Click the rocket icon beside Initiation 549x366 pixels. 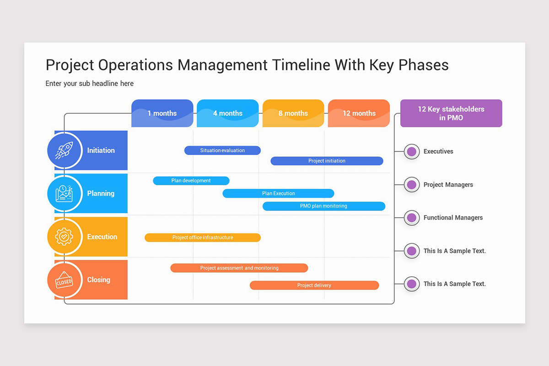point(64,150)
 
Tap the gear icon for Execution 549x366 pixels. point(64,237)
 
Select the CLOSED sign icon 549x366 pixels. point(64,280)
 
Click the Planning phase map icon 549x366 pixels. point(64,194)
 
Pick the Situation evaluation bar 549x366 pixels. point(222,151)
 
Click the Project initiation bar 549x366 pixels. point(327,161)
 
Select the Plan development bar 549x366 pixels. point(191,181)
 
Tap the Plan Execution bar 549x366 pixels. point(278,194)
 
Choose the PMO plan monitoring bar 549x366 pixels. point(323,206)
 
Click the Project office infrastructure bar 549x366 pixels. point(203,237)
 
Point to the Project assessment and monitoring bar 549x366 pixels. point(239,268)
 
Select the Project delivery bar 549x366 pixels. point(314,285)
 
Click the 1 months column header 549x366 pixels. point(162,113)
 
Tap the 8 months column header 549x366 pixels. point(293,113)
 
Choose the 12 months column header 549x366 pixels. point(359,113)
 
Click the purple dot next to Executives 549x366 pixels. point(412,151)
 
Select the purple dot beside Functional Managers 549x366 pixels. point(412,218)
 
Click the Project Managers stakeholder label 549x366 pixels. point(448,185)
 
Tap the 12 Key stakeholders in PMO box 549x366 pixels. point(451,113)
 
